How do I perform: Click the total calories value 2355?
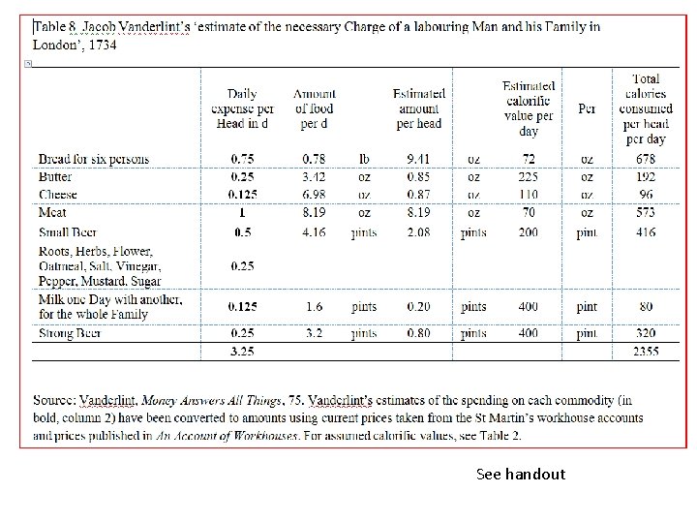pyautogui.click(x=646, y=352)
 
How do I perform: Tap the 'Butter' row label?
pyautogui.click(x=55, y=177)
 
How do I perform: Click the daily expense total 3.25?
pyautogui.click(x=242, y=352)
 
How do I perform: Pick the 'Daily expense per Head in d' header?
pyautogui.click(x=242, y=108)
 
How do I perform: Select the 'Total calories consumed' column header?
pyautogui.click(x=646, y=108)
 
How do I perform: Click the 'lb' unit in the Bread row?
pyautogui.click(x=364, y=159)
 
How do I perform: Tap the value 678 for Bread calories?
pyautogui.click(x=646, y=159)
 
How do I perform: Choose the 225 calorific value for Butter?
pyautogui.click(x=529, y=177)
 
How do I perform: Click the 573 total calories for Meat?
pyautogui.click(x=646, y=212)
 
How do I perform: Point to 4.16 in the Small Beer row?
pyautogui.click(x=313, y=232)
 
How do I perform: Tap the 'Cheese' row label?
pyautogui.click(x=58, y=195)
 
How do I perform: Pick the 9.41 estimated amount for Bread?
pyautogui.click(x=419, y=159)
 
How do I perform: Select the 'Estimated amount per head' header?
pyautogui.click(x=419, y=108)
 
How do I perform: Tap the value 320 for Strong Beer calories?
pyautogui.click(x=646, y=334)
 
